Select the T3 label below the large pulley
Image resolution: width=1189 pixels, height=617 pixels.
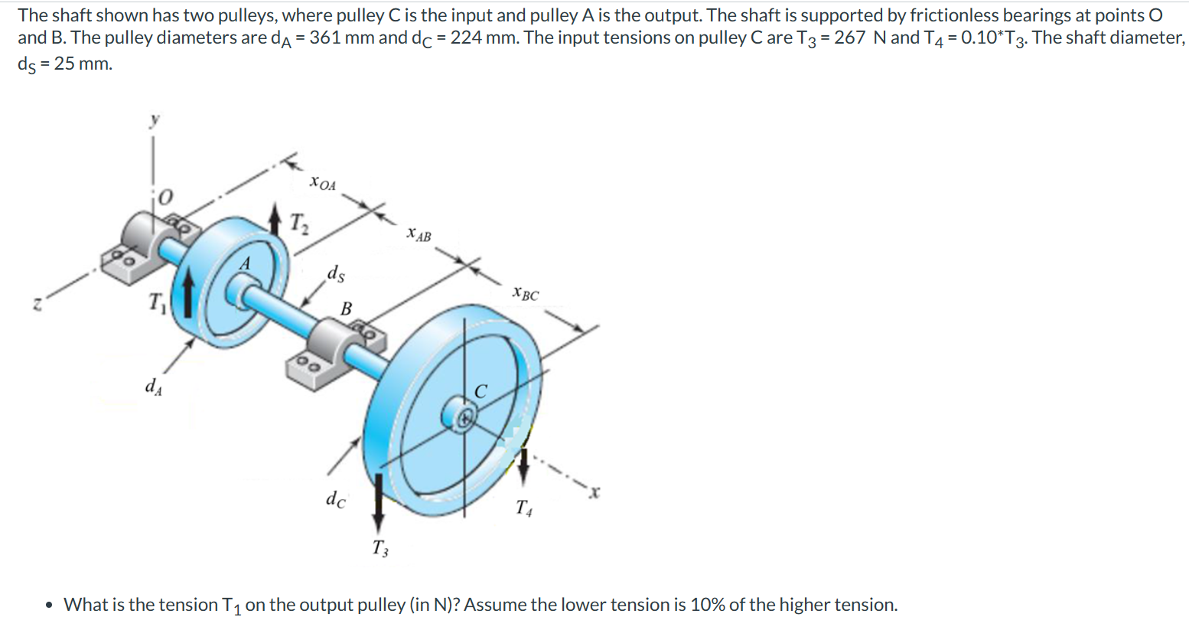380,547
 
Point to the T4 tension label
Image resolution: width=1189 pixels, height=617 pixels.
524,507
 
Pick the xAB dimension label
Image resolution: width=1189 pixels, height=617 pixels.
419,234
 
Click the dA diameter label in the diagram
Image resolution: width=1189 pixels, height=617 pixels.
153,385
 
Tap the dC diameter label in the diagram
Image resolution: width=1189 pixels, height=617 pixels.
335,500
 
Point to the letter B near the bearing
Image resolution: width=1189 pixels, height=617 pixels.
346,309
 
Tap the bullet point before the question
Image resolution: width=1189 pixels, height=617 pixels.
50,605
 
